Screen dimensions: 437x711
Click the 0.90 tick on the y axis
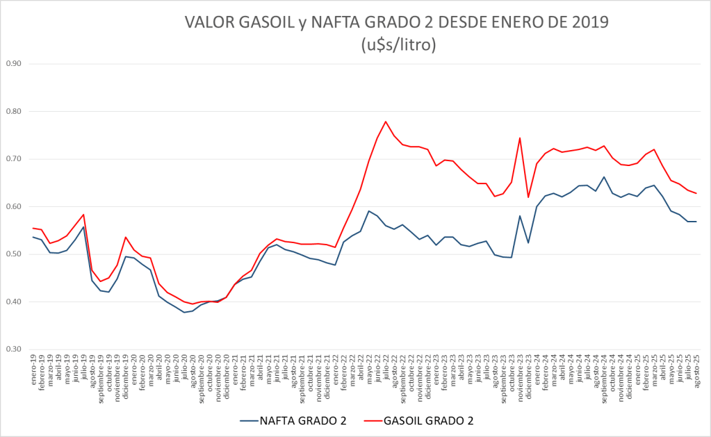click(x=14, y=64)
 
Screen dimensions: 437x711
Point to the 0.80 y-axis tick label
click(x=14, y=111)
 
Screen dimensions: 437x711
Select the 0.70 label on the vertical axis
click(x=14, y=159)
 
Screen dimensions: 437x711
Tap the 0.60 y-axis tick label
click(x=14, y=206)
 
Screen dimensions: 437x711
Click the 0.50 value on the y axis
click(x=14, y=254)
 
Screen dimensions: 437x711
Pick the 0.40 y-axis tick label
click(x=14, y=302)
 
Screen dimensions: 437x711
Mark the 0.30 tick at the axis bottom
click(x=14, y=349)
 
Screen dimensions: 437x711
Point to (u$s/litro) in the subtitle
click(x=398, y=46)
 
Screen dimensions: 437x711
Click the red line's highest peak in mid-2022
click(x=386, y=122)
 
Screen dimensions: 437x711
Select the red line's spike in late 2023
click(x=520, y=138)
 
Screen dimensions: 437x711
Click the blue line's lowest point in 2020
click(x=184, y=312)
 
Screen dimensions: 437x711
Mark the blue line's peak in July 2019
click(x=83, y=227)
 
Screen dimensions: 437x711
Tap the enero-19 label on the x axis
click(x=34, y=368)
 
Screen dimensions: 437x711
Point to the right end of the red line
click(x=696, y=193)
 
